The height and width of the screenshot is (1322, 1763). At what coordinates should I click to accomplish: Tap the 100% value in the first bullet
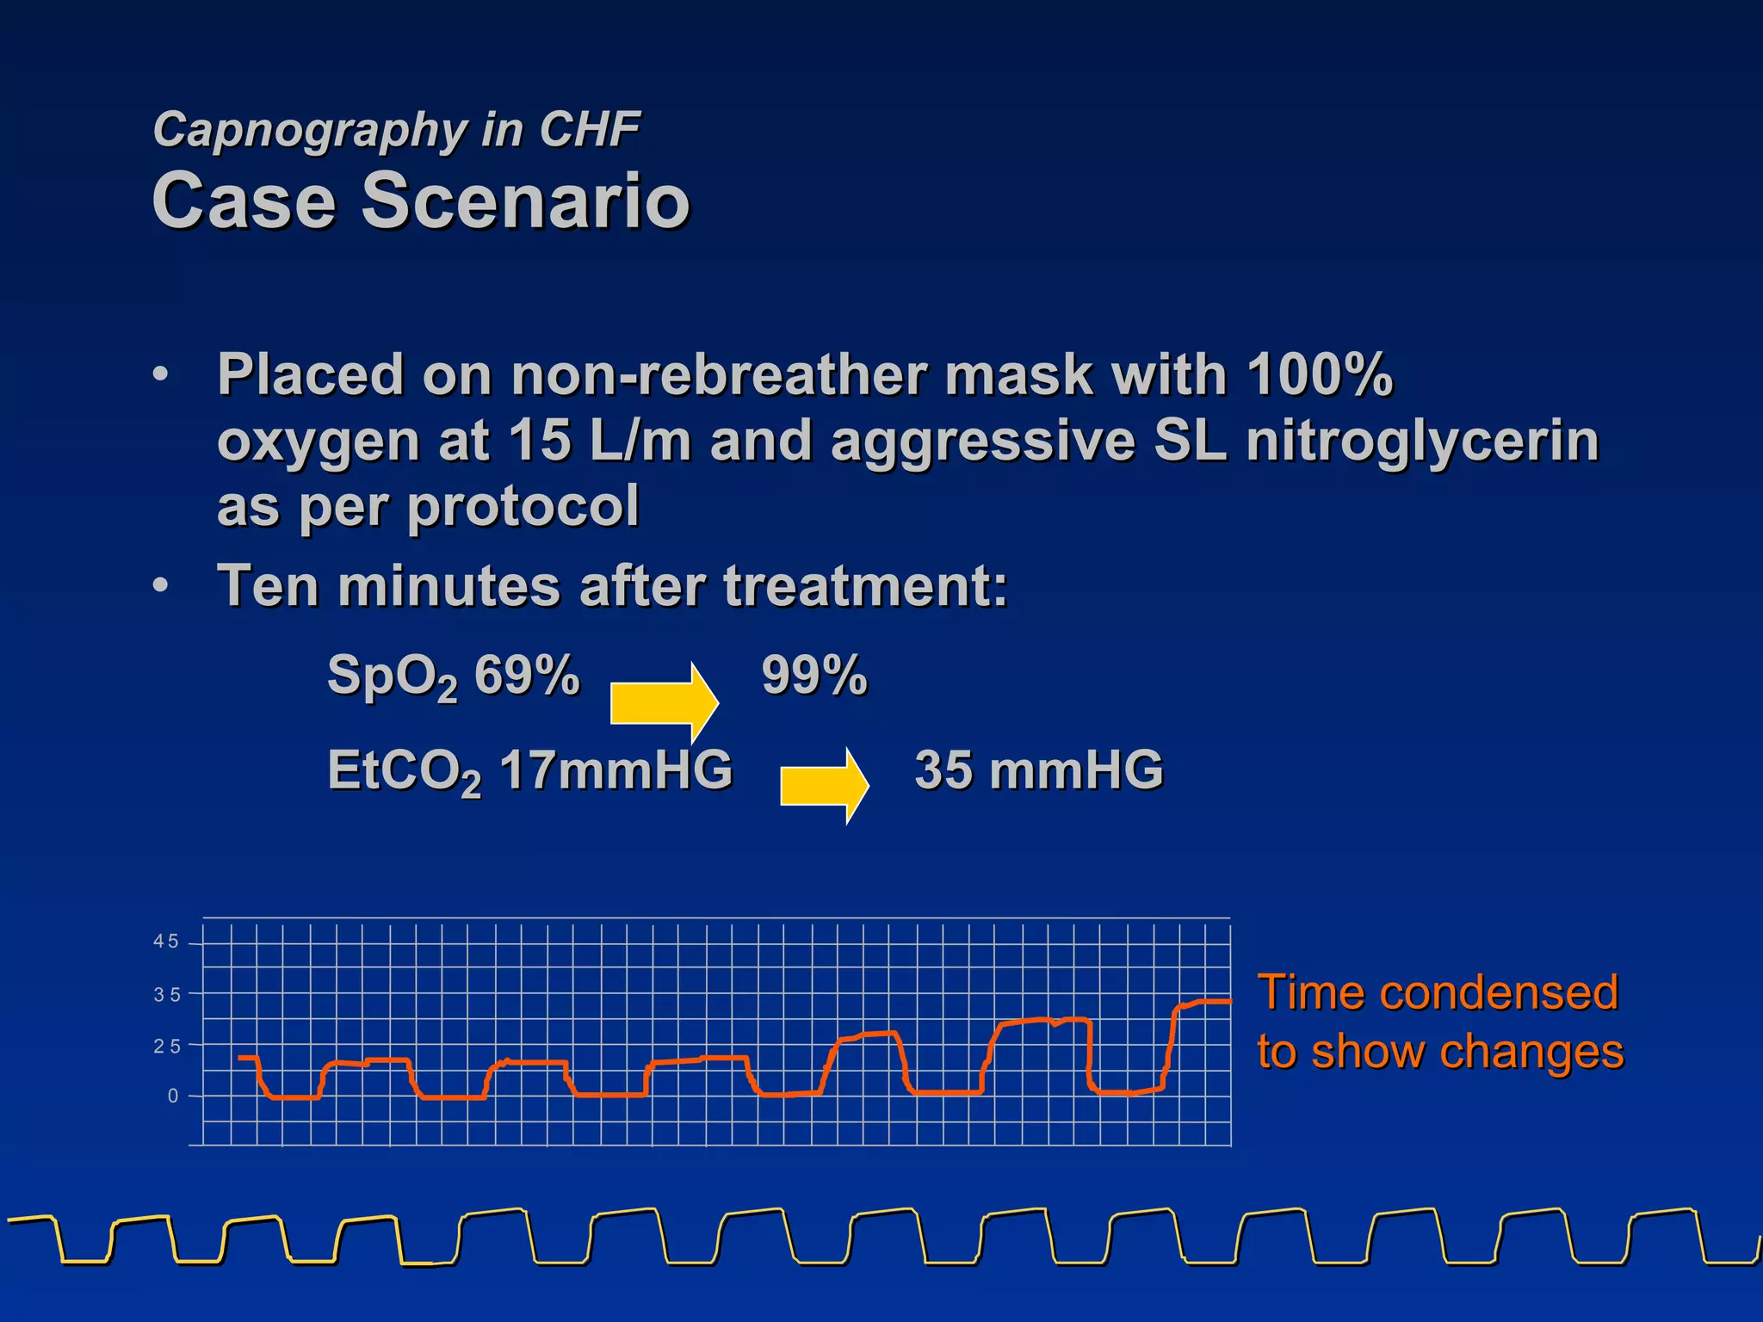click(x=1319, y=375)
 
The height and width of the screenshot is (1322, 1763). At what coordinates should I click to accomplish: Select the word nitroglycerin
click(x=1421, y=441)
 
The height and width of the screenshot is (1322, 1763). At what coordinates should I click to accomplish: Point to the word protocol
click(x=523, y=506)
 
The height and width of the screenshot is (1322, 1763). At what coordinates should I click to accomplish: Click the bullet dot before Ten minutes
click(x=160, y=586)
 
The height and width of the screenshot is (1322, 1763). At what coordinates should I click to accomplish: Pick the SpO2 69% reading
click(x=454, y=676)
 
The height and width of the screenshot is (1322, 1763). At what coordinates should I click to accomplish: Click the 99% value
click(x=813, y=676)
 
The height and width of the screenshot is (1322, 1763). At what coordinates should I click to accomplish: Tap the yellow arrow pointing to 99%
click(x=663, y=702)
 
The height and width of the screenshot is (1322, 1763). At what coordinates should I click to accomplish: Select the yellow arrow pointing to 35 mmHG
click(x=824, y=785)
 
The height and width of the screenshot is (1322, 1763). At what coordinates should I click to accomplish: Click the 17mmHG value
click(x=616, y=770)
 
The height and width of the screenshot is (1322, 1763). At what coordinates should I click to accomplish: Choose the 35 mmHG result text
click(x=1038, y=770)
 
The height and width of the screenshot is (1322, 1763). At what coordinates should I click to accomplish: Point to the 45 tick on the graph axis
click(x=166, y=942)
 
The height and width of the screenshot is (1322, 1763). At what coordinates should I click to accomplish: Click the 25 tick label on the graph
click(x=166, y=1047)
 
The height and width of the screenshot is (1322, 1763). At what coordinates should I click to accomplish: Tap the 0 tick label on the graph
click(x=173, y=1097)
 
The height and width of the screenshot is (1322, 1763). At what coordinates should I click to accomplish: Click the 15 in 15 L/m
click(x=539, y=441)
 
